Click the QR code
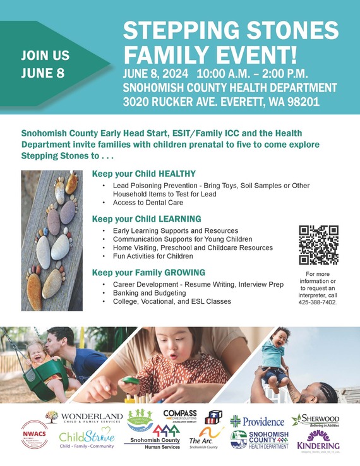(318, 244)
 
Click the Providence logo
(258, 421)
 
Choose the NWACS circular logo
(34, 436)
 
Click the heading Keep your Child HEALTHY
(144, 174)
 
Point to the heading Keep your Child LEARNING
(147, 218)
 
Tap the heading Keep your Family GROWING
(148, 272)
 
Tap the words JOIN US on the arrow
(45, 55)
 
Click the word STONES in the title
(287, 31)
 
